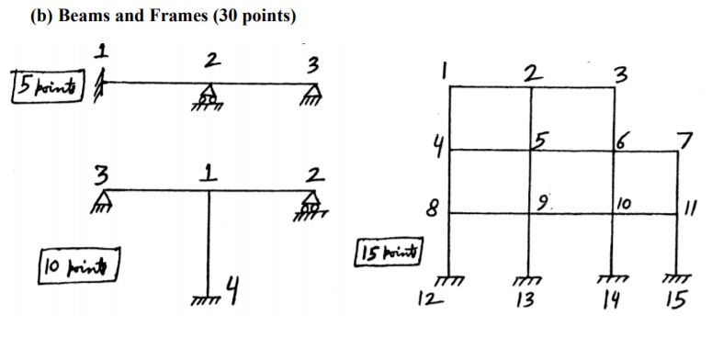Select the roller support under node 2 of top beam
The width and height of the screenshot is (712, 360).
[x=209, y=94]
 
